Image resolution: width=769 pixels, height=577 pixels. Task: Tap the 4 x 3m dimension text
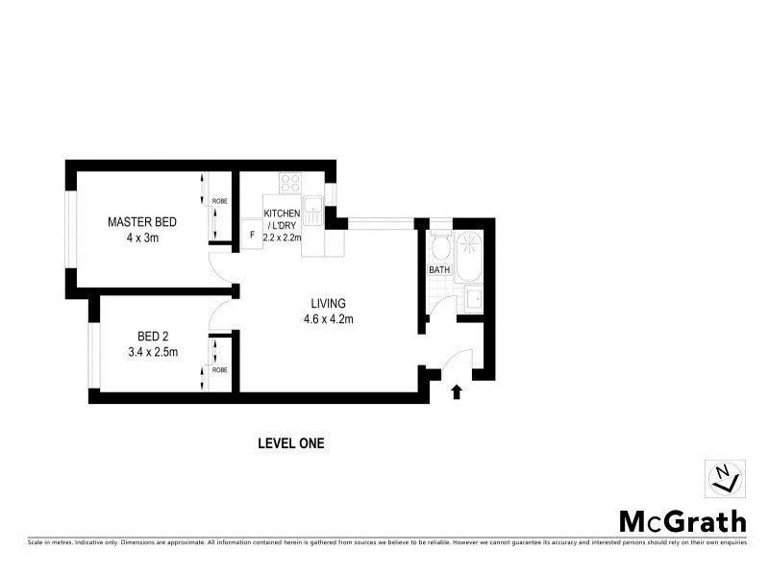coord(140,238)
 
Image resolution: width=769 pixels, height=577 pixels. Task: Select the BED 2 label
coord(153,336)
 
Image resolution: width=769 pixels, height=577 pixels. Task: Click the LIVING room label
coord(328,303)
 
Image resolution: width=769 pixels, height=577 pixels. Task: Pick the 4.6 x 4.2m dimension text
coord(328,318)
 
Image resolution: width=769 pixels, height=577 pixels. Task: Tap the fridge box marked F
coord(251,235)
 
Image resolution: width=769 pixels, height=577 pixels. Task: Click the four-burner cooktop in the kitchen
coord(289,183)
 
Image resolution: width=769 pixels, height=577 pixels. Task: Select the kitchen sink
coord(313,211)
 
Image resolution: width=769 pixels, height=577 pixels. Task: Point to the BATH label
coord(439,270)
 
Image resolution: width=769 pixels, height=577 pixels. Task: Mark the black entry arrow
coord(457,390)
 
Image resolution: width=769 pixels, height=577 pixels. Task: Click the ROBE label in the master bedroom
coord(220,202)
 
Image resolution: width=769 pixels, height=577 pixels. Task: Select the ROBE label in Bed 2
coord(220,369)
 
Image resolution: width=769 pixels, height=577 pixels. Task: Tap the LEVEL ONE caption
coord(291,443)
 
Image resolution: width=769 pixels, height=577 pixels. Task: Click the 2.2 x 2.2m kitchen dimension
coord(283,238)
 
